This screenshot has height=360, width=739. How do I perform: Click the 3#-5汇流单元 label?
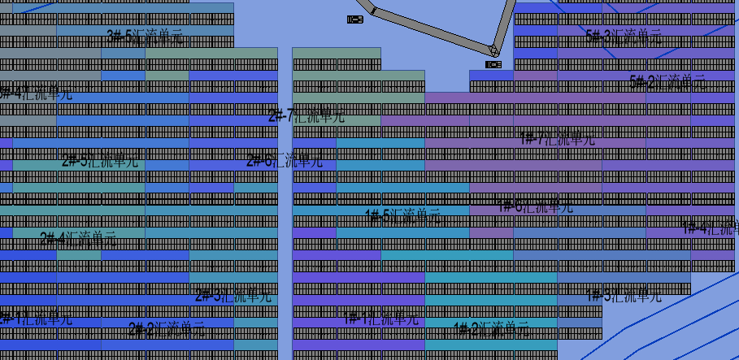(x=145, y=36)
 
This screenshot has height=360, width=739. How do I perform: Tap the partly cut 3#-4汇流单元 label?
(x=36, y=93)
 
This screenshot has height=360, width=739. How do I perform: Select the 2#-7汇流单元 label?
(x=306, y=116)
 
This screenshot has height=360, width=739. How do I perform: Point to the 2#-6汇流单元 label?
(x=285, y=160)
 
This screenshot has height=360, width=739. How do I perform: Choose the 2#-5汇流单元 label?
(x=100, y=161)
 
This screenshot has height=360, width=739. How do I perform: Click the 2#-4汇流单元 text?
(x=78, y=239)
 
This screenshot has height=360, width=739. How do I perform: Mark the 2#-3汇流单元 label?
(x=233, y=295)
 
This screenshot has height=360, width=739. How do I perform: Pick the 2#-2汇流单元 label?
(x=167, y=329)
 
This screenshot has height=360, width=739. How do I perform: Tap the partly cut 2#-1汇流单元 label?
(x=36, y=319)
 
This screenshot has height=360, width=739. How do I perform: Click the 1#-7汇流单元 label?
(x=557, y=138)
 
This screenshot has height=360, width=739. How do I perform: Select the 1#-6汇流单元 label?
(x=535, y=206)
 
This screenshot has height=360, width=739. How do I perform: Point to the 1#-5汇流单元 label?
(x=402, y=216)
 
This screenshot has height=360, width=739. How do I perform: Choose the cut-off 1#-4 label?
(x=710, y=228)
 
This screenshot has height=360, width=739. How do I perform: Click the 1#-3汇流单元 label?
(x=624, y=296)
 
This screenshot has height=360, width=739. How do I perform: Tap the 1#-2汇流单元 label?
(x=490, y=329)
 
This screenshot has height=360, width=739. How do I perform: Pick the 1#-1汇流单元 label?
(x=380, y=319)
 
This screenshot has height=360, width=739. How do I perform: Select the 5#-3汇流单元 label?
(x=624, y=36)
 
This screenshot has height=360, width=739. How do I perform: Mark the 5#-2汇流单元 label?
(x=667, y=81)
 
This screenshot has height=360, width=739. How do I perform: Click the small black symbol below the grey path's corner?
(x=493, y=64)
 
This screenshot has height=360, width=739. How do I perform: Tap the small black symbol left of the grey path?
(x=355, y=20)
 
